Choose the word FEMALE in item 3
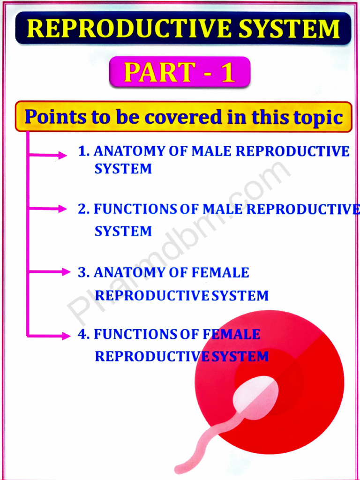(220, 272)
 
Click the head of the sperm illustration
(255, 393)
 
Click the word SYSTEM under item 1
(123, 169)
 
